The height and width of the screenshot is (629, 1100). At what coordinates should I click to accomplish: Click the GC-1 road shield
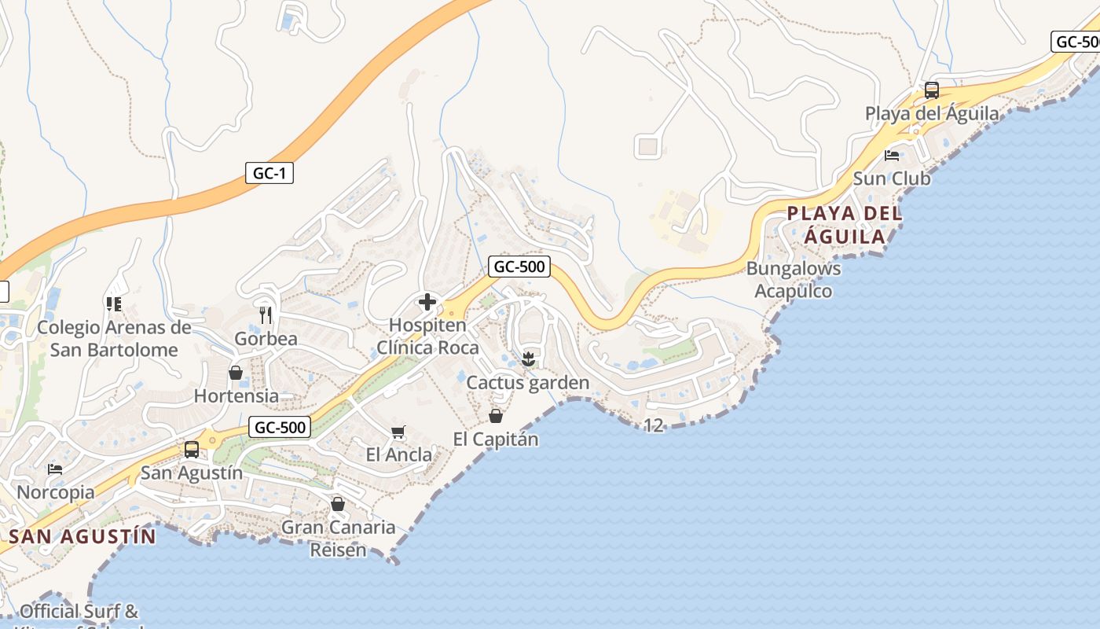tap(269, 173)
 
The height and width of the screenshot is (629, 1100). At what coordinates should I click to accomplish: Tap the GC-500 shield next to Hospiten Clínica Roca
tap(519, 267)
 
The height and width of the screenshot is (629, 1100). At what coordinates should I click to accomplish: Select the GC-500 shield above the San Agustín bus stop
tap(280, 428)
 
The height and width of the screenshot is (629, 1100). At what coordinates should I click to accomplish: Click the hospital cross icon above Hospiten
tap(427, 302)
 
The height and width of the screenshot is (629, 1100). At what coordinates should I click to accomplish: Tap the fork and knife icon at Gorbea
tap(266, 315)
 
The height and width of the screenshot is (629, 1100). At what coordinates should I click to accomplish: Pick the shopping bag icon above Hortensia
tap(236, 373)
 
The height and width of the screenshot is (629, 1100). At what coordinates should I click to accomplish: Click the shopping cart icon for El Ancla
tap(398, 432)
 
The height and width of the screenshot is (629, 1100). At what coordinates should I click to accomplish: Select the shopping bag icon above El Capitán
tap(496, 416)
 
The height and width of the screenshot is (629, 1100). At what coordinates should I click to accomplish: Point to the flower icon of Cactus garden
tap(528, 360)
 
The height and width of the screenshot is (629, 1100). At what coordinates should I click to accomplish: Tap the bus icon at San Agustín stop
tap(191, 450)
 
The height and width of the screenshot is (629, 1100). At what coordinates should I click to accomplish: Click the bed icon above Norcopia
tap(55, 469)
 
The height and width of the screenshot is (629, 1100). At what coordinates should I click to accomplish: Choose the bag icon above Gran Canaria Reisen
tap(338, 504)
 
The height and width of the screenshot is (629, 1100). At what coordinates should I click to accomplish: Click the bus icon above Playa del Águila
tap(932, 90)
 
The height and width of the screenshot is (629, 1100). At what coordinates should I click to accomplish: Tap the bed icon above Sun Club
tap(892, 156)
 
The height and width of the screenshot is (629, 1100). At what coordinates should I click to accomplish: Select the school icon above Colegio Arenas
tap(114, 303)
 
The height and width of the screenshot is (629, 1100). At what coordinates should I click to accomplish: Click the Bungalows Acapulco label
tap(794, 280)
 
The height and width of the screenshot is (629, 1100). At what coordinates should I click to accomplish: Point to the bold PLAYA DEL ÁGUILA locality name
tap(845, 225)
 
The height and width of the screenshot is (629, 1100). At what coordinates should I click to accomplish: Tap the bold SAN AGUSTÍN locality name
tap(82, 537)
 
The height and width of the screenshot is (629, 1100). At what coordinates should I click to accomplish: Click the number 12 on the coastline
tap(654, 426)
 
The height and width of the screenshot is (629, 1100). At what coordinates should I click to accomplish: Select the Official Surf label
tap(79, 612)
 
